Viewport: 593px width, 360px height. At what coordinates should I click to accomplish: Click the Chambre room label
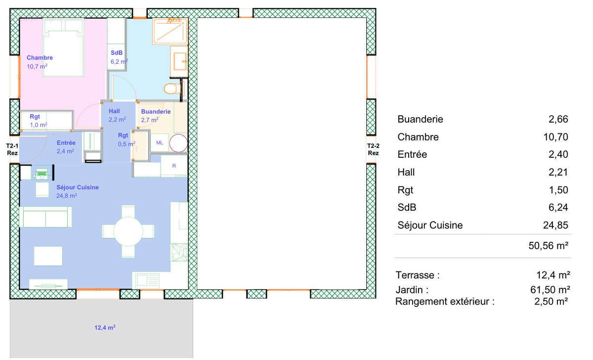(40, 58)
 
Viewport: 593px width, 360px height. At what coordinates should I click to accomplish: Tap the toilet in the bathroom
(170, 89)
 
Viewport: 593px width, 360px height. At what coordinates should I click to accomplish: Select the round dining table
(128, 231)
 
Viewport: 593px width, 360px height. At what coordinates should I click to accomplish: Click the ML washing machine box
(159, 143)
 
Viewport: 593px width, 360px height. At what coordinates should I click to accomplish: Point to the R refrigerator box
(174, 166)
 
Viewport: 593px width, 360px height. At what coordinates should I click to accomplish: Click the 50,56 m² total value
(548, 246)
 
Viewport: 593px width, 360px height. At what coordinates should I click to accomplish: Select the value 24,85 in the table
(555, 225)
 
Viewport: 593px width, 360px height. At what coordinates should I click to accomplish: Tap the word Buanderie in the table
(420, 119)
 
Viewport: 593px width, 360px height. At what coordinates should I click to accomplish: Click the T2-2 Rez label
(373, 149)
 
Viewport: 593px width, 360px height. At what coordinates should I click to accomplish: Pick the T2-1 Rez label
(12, 149)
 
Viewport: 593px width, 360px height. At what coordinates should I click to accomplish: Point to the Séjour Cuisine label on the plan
(77, 187)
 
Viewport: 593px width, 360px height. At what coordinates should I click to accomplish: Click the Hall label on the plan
(114, 111)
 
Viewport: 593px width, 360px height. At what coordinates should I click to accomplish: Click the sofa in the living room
(46, 217)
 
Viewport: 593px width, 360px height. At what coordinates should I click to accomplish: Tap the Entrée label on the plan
(63, 143)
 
